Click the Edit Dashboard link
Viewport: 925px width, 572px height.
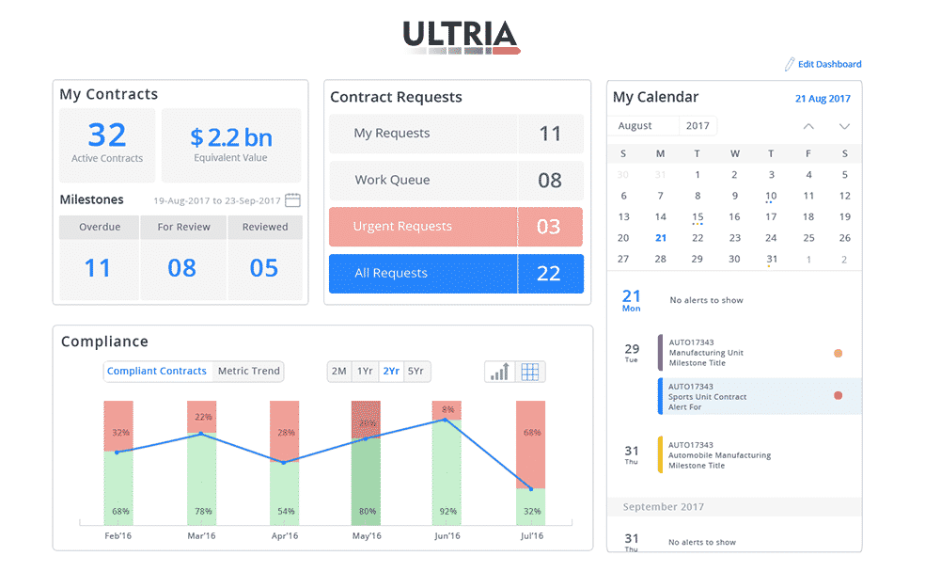click(x=828, y=64)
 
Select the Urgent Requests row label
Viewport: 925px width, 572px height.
click(x=402, y=227)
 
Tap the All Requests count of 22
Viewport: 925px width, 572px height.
click(x=549, y=274)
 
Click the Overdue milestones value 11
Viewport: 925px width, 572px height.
click(x=98, y=268)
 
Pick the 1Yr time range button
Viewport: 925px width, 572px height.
click(x=365, y=372)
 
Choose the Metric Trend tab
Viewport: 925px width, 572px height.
click(x=248, y=372)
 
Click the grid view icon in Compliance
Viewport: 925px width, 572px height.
click(x=530, y=372)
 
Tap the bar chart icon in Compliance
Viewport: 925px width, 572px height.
click(x=499, y=372)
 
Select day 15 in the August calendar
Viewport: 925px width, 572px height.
click(x=697, y=216)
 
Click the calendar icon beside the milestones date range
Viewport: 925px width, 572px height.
click(x=292, y=200)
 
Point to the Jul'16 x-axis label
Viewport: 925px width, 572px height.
click(x=531, y=536)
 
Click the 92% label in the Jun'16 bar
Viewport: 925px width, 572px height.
click(x=447, y=512)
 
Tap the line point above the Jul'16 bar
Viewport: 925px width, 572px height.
click(x=531, y=489)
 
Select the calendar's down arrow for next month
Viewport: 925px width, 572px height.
click(x=844, y=126)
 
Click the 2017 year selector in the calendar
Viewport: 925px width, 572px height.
click(x=698, y=126)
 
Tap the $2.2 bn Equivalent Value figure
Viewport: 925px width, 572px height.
click(x=231, y=138)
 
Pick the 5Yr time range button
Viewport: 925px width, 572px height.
click(x=415, y=372)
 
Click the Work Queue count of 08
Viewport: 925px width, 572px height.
click(x=549, y=181)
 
